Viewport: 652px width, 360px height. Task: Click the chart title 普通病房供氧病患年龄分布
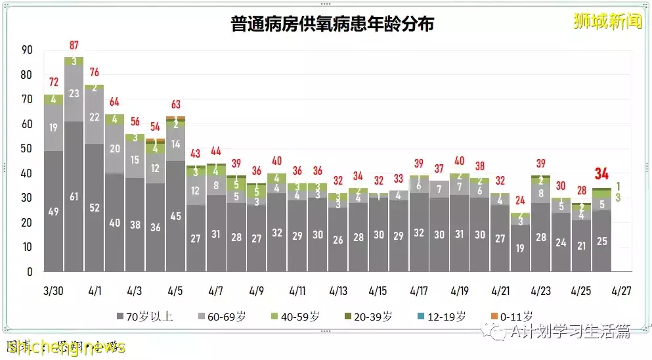[332, 25]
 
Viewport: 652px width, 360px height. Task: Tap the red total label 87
[74, 45]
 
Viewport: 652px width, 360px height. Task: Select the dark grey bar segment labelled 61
[74, 196]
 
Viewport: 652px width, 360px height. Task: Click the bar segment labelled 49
[54, 211]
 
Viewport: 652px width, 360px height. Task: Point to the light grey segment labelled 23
[74, 93]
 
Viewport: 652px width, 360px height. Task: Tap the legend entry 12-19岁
[442, 317]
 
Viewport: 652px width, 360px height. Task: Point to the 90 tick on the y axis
[27, 50]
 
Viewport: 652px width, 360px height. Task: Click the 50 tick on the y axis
[27, 148]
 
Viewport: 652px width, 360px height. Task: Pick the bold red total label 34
[601, 174]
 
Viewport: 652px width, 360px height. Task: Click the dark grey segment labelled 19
[520, 248]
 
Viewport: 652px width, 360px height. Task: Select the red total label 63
[175, 104]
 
